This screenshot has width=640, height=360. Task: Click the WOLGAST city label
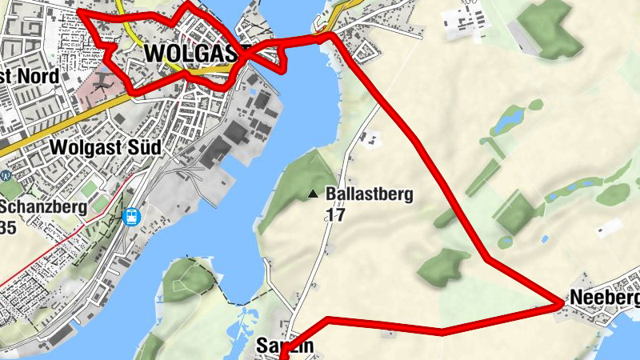(192, 53)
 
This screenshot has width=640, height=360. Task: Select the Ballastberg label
(369, 194)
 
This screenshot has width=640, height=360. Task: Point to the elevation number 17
(334, 214)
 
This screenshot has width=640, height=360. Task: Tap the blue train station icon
(132, 215)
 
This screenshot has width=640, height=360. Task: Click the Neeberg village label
(604, 298)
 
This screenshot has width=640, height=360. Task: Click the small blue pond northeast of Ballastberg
(510, 122)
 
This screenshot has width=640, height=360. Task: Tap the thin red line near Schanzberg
(48, 248)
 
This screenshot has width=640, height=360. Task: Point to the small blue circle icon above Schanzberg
(6, 176)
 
